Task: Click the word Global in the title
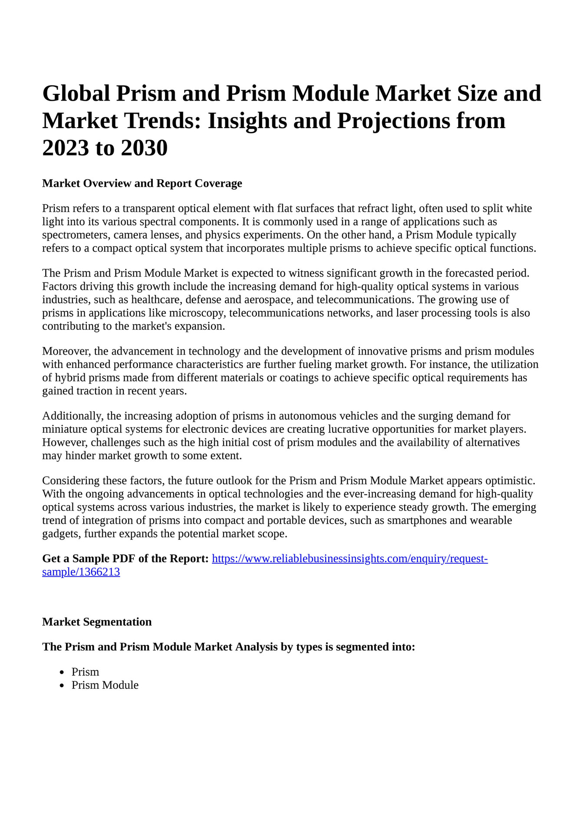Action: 76,94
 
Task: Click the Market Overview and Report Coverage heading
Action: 142,183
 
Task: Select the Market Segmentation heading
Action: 97,622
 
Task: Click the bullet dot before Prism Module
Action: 63,686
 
